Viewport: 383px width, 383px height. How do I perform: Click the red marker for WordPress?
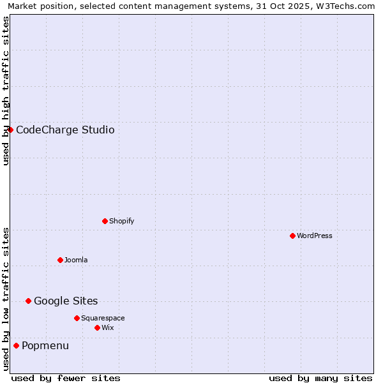click(x=292, y=236)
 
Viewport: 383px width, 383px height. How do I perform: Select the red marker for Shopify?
click(x=105, y=221)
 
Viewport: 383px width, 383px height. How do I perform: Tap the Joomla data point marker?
click(x=60, y=260)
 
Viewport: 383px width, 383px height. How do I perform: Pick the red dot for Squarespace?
click(x=77, y=318)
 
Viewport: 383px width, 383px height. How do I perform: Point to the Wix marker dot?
click(x=97, y=327)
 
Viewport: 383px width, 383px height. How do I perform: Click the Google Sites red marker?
click(x=28, y=301)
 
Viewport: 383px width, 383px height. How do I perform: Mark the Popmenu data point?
click(x=16, y=345)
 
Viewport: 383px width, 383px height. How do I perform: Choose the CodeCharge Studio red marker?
click(x=10, y=130)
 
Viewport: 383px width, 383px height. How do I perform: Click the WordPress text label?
click(x=315, y=236)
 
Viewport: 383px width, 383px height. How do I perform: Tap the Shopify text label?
click(x=121, y=221)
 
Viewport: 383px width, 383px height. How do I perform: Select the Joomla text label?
click(x=76, y=260)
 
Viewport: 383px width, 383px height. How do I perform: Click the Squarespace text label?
click(x=103, y=318)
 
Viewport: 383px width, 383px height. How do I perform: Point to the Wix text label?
click(x=107, y=327)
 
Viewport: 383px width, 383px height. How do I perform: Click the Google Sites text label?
click(x=66, y=301)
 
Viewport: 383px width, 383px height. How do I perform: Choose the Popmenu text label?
click(x=45, y=345)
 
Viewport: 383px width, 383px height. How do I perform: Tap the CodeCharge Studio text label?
click(x=65, y=130)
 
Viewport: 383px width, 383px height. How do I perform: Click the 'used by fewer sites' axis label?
click(x=66, y=378)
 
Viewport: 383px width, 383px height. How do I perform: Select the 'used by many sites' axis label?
click(x=320, y=378)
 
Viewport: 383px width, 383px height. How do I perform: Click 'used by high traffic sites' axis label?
click(x=6, y=91)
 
